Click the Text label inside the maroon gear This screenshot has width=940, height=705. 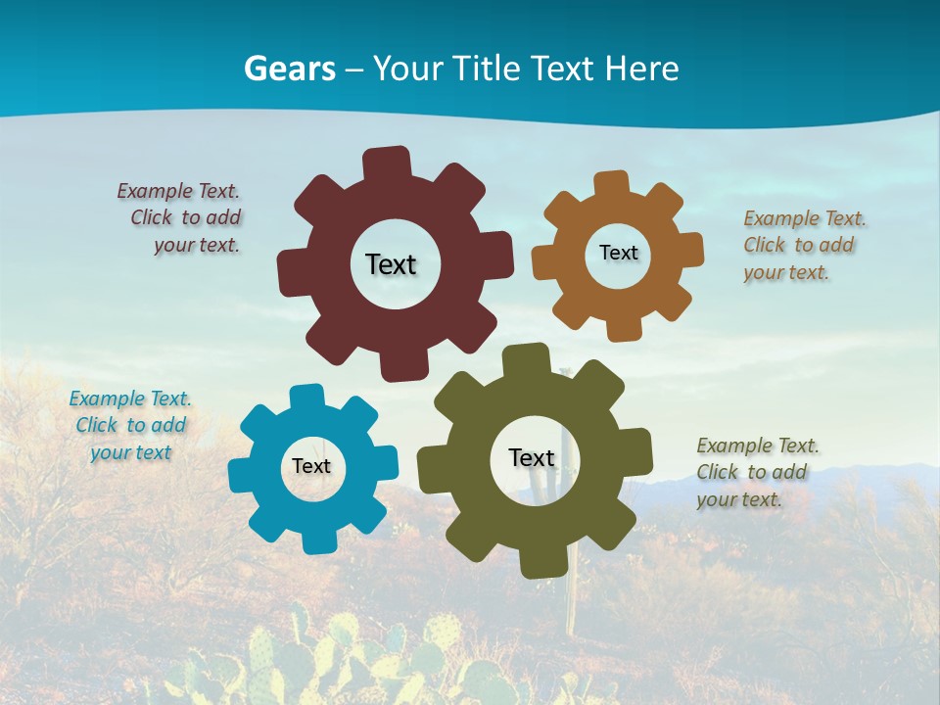[391, 264]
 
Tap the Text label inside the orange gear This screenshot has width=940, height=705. [618, 253]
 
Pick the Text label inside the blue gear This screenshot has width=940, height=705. [311, 467]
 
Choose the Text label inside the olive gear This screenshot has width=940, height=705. [532, 457]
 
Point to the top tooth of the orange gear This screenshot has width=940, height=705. [611, 184]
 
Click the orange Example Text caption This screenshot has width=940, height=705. [803, 245]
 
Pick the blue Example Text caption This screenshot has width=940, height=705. [130, 425]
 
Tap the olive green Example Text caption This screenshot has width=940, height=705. [756, 472]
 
